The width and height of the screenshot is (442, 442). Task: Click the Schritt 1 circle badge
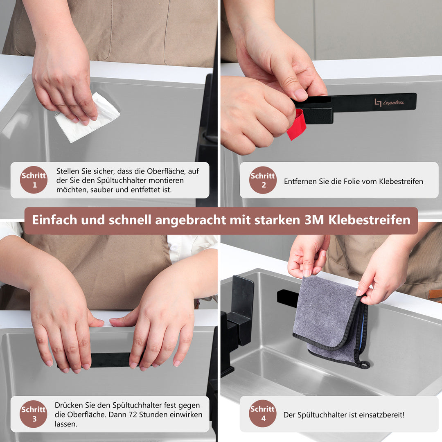(34, 180)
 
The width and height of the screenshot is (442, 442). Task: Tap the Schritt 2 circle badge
(263, 180)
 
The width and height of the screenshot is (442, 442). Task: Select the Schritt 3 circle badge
(34, 414)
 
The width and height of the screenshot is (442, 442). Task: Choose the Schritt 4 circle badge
(263, 414)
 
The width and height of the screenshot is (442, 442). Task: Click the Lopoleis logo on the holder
(389, 102)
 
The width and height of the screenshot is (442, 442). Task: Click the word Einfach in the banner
(54, 220)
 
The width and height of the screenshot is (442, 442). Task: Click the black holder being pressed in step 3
(110, 360)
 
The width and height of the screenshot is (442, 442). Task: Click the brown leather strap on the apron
(435, 294)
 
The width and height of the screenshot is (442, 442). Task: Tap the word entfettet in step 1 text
(147, 190)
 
